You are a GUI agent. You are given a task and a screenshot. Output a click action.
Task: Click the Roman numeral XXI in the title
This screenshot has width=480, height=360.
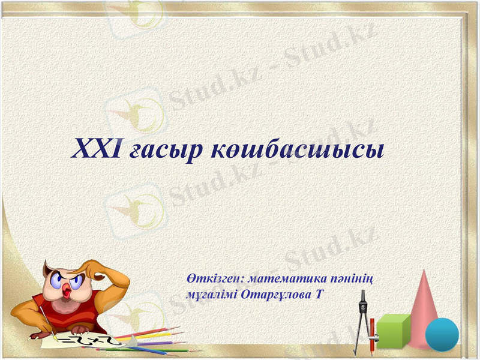(97, 147)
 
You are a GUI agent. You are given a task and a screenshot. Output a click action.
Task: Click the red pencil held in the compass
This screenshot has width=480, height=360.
(372, 333)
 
